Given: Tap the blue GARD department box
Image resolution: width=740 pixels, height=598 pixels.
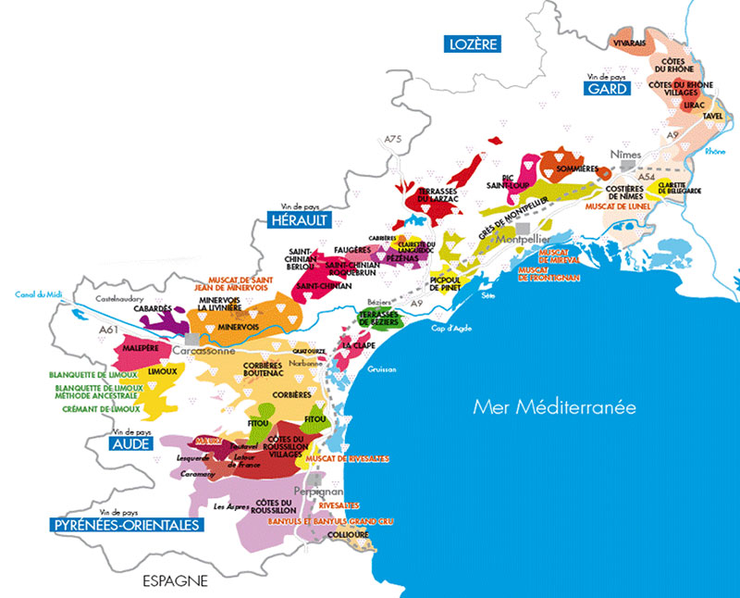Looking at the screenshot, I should (606, 89).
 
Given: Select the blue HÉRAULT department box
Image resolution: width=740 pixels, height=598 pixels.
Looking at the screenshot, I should (298, 220).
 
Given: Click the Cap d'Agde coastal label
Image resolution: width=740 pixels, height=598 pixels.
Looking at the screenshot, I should (449, 326).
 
